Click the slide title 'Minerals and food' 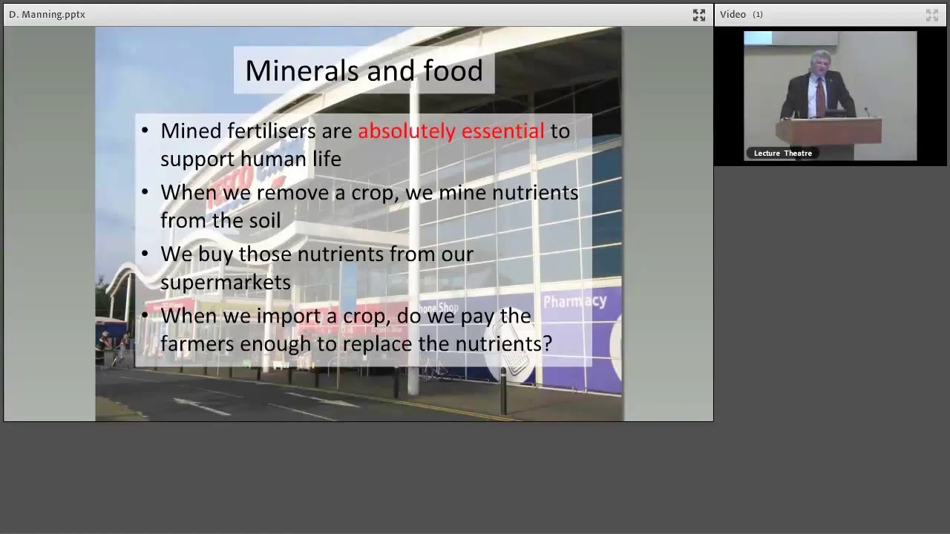tap(364, 70)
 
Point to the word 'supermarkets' tap(226, 283)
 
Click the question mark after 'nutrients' tap(548, 344)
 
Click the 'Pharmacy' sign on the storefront tap(574, 301)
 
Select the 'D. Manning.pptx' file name tap(47, 14)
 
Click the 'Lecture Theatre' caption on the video tap(782, 154)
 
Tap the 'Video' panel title tap(733, 14)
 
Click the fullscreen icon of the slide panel tap(699, 15)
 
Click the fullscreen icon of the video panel tap(932, 15)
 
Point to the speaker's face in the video tap(821, 65)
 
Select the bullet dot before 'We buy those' tap(145, 254)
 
